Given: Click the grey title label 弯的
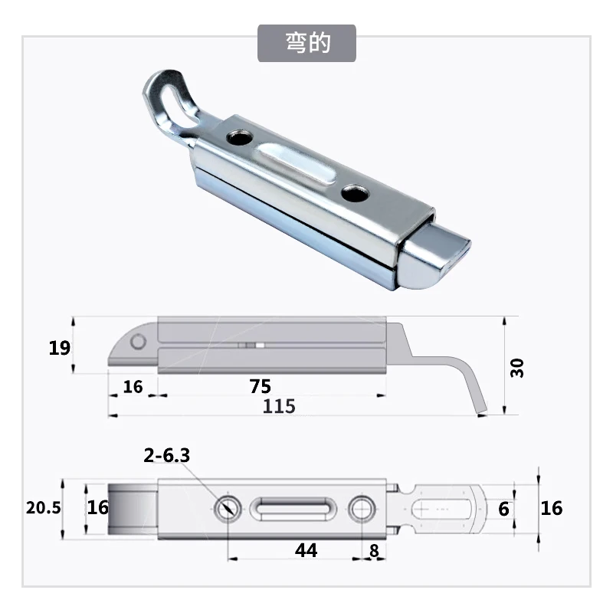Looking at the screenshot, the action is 307,43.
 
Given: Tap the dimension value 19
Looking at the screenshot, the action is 60,348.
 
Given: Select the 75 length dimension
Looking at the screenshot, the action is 261,386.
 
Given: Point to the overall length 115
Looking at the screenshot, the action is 279,406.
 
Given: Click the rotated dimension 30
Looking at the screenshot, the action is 516,368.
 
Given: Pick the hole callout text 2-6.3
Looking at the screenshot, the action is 167,455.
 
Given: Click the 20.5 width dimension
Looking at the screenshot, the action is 44,507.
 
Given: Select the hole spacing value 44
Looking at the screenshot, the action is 306,550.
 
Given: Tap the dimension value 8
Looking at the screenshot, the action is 374,550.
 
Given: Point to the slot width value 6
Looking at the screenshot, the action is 504,509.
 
